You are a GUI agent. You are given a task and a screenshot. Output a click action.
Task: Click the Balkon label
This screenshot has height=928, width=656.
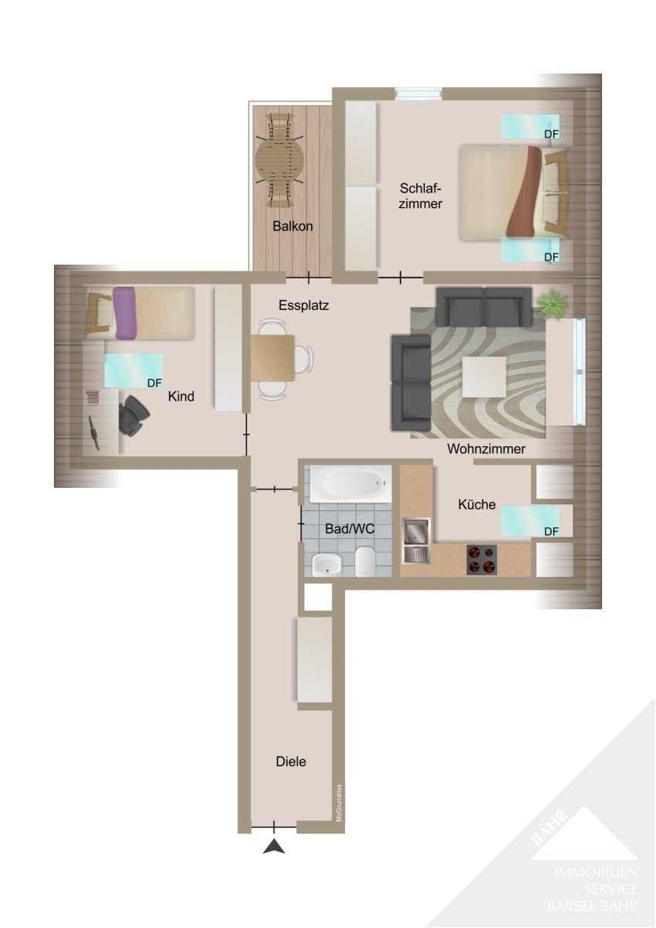pyautogui.click(x=292, y=226)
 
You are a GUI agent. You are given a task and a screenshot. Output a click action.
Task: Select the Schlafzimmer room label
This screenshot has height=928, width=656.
pyautogui.click(x=420, y=196)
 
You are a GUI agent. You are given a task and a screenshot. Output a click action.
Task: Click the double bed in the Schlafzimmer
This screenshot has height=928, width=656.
pyautogui.click(x=513, y=193)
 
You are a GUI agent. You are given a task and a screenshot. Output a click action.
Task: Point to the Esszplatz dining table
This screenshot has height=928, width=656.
pyautogui.click(x=272, y=358)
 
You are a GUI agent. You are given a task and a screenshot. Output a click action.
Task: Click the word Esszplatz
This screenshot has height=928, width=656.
pyautogui.click(x=304, y=305)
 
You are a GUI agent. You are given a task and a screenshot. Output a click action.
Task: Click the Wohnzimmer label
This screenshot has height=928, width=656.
pyautogui.click(x=486, y=449)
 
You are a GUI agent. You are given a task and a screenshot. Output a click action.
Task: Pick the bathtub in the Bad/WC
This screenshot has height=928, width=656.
pyautogui.click(x=350, y=483)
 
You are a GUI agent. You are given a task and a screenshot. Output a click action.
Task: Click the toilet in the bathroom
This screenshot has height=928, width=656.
pyautogui.click(x=364, y=561)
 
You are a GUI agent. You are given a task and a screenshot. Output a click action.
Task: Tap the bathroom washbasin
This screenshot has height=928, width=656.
pyautogui.click(x=327, y=565)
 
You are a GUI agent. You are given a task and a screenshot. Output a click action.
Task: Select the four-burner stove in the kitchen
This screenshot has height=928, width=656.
pyautogui.click(x=481, y=559)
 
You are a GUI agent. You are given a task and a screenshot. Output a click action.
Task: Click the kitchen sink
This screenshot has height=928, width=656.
pyautogui.click(x=416, y=541)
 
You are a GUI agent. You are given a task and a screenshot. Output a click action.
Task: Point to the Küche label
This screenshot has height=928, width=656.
pyautogui.click(x=477, y=504)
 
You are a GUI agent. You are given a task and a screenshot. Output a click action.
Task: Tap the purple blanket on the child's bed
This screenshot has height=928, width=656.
pyautogui.click(x=125, y=313)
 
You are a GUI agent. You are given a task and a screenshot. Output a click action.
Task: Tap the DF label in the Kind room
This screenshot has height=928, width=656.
pyautogui.click(x=154, y=383)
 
